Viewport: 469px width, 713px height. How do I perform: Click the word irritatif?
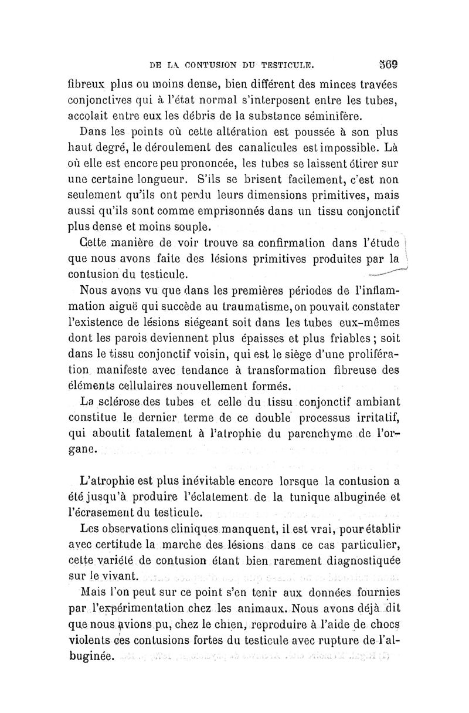tap(368, 418)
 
